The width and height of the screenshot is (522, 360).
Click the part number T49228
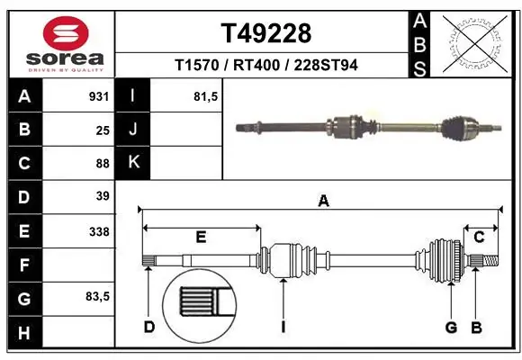pos(265,33)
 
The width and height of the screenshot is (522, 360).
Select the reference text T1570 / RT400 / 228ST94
pos(265,66)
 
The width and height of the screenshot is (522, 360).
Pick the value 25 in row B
pos(102,130)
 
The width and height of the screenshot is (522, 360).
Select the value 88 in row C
pos(102,163)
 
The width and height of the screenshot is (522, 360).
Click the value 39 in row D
pos(102,196)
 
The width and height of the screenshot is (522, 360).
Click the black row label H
pos(23,333)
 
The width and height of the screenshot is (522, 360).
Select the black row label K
pos(133,163)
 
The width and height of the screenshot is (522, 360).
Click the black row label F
pos(23,265)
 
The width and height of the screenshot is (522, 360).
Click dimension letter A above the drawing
pos(323,202)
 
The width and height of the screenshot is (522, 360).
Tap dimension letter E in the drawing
pos(201,237)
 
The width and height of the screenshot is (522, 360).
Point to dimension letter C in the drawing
pos(479,237)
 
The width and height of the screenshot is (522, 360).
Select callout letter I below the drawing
pos(283,327)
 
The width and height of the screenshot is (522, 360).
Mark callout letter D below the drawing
pos(148,327)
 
